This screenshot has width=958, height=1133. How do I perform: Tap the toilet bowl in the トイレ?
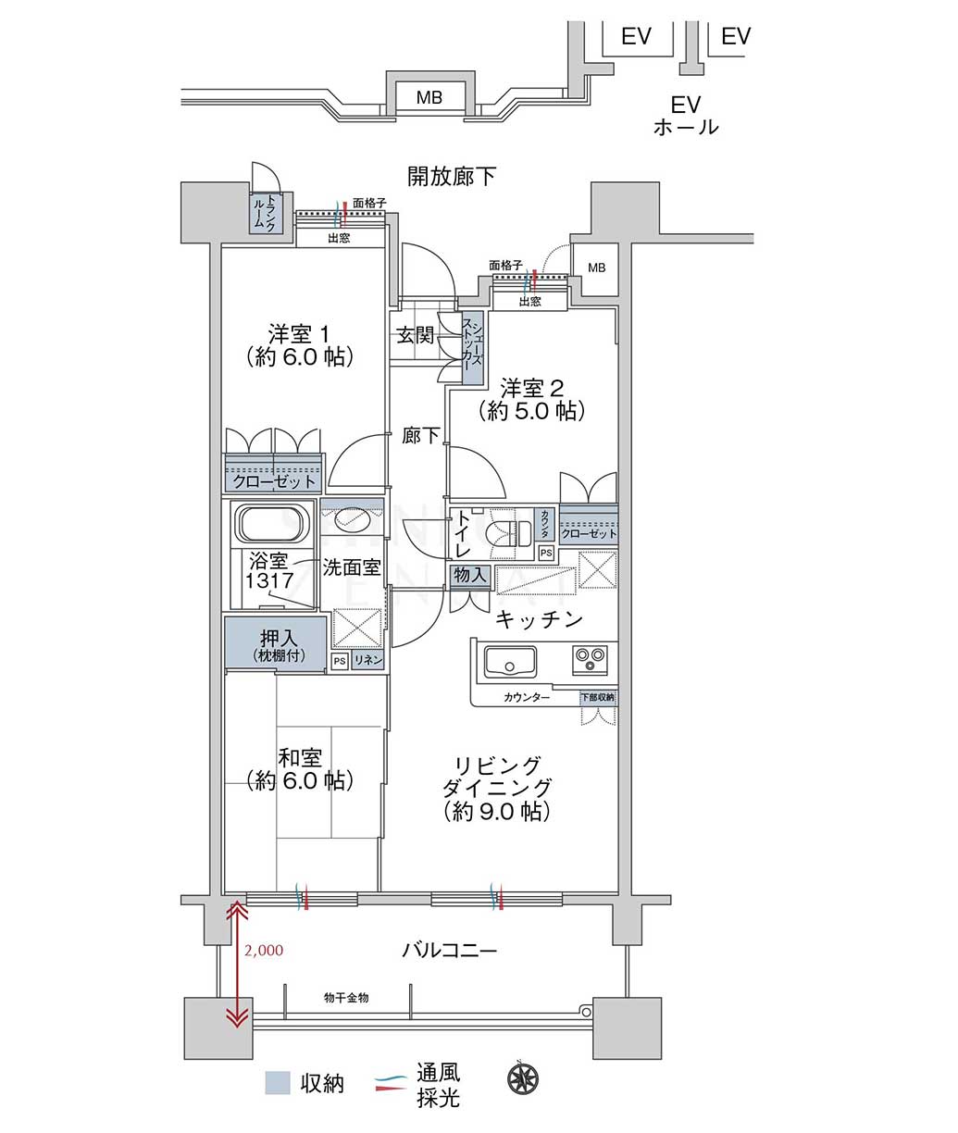click(x=513, y=533)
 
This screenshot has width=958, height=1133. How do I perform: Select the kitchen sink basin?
click(x=510, y=662)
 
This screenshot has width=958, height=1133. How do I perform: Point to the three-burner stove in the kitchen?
click(x=590, y=659)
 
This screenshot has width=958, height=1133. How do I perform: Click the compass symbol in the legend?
click(x=523, y=1078)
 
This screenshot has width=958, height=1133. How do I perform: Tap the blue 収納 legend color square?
click(x=278, y=1083)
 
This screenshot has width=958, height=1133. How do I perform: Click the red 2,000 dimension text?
click(x=264, y=951)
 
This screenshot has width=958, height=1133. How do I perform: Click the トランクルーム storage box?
click(x=266, y=214)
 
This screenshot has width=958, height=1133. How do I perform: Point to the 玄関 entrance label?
click(x=415, y=335)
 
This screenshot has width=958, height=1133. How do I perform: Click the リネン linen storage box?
click(x=367, y=660)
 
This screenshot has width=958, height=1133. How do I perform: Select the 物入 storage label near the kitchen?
click(x=469, y=575)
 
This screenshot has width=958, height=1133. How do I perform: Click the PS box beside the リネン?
click(x=340, y=661)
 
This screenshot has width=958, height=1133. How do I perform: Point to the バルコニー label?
click(x=450, y=950)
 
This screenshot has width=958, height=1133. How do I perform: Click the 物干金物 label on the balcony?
click(x=346, y=998)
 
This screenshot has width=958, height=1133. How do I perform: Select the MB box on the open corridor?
click(x=429, y=97)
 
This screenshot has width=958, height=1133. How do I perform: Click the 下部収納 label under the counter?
click(x=598, y=697)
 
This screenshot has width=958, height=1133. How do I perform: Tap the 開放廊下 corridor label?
click(x=451, y=177)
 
